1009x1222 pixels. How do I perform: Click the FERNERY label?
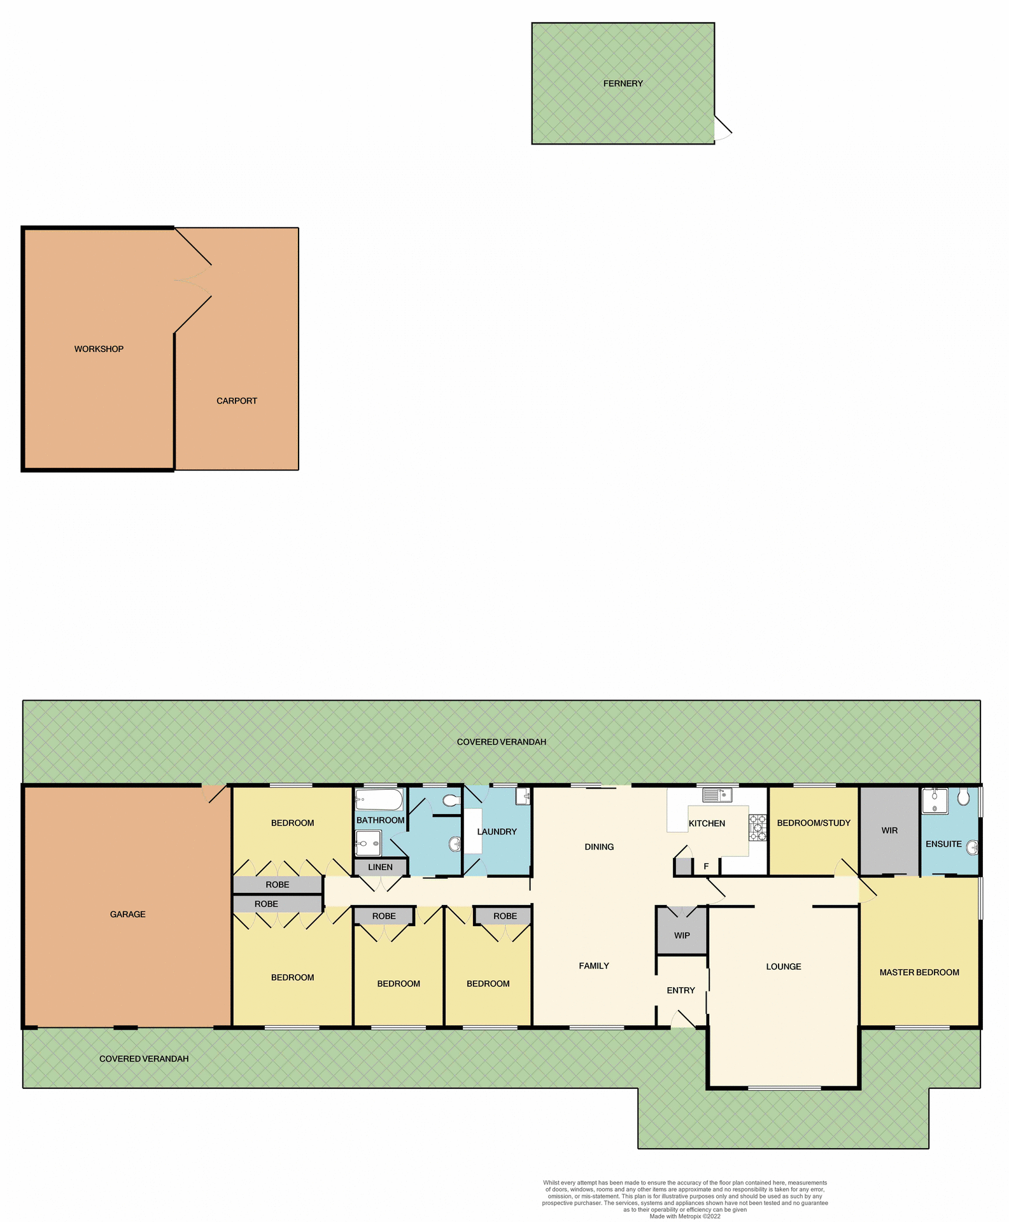[623, 83]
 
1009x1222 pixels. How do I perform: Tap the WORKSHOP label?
[99, 349]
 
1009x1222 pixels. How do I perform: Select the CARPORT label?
[237, 401]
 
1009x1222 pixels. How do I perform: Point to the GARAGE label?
[127, 914]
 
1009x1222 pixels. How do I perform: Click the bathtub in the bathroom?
[379, 800]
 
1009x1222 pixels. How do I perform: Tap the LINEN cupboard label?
[380, 867]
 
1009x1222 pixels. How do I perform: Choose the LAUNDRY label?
[497, 831]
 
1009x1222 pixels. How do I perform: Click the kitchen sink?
[717, 795]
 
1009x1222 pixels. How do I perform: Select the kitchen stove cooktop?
[757, 828]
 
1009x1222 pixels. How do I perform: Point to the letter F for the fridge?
[706, 866]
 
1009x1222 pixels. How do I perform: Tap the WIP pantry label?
[682, 936]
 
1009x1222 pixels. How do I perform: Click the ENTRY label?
[681, 990]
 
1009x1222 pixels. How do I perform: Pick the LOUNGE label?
[784, 966]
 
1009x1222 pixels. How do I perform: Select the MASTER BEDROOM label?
[919, 972]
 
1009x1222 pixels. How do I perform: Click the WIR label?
[889, 831]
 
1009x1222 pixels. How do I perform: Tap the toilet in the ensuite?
[964, 797]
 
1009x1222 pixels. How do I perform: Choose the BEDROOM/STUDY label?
[814, 823]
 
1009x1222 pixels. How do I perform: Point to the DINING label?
[599, 846]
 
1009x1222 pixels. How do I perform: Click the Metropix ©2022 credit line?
[685, 1216]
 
